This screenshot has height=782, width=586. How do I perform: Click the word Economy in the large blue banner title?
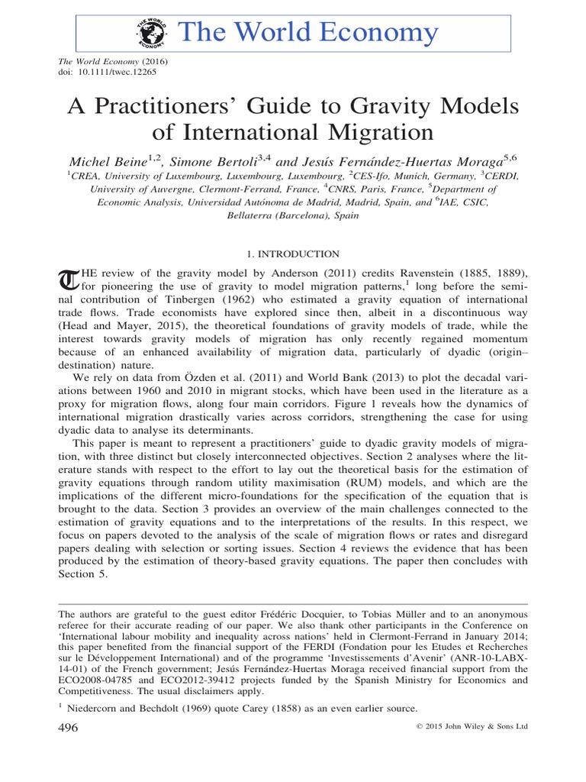pyautogui.click(x=373, y=32)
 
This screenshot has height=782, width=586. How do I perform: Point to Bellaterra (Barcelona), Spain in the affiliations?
pyautogui.click(x=292, y=216)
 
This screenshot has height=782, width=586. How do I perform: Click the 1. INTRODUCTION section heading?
pyautogui.click(x=292, y=254)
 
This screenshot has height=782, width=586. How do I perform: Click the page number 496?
pyautogui.click(x=69, y=729)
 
